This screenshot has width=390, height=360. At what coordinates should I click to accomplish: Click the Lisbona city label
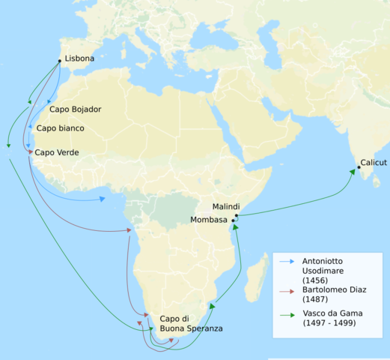(x=79, y=58)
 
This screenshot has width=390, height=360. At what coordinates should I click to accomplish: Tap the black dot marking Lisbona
(x=60, y=61)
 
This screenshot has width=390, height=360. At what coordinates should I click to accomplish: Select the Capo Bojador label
(x=76, y=109)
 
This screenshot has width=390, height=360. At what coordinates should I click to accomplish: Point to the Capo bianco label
(x=61, y=128)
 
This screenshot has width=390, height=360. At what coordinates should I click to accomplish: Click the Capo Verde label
(x=57, y=152)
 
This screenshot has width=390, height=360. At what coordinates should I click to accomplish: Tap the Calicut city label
(x=374, y=162)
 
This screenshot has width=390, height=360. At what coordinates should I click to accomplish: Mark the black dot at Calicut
(x=359, y=167)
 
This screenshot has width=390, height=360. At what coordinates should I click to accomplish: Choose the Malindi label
(x=226, y=206)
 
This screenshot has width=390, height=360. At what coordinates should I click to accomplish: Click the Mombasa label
(x=209, y=220)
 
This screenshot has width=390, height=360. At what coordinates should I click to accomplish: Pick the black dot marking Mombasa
(x=233, y=220)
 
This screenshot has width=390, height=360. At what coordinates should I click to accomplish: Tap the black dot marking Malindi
(x=236, y=216)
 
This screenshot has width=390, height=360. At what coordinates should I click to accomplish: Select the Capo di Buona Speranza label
(x=190, y=324)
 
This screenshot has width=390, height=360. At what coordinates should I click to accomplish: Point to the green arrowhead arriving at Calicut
(x=352, y=172)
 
